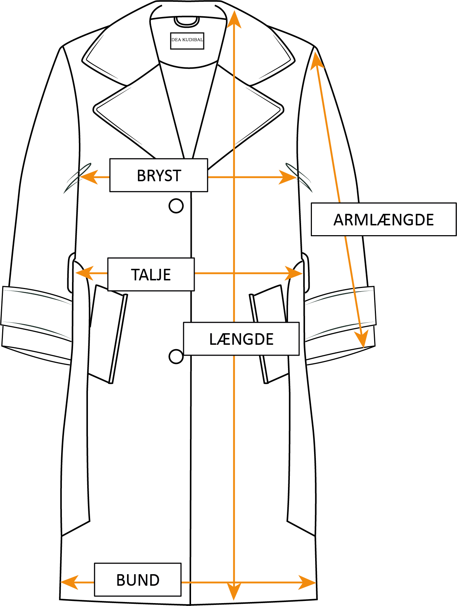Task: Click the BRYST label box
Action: pos(158,175)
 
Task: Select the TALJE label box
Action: pos(151,274)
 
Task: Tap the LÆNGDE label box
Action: pos(241,339)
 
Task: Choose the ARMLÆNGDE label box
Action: pos(384,219)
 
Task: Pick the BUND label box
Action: pos(137,580)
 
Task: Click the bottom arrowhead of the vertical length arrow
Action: pos(234,592)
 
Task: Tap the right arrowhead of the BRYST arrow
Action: pos(289,177)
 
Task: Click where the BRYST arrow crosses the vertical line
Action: pos(234,177)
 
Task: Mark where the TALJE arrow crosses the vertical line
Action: pos(234,273)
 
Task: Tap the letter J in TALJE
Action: pos(160,275)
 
